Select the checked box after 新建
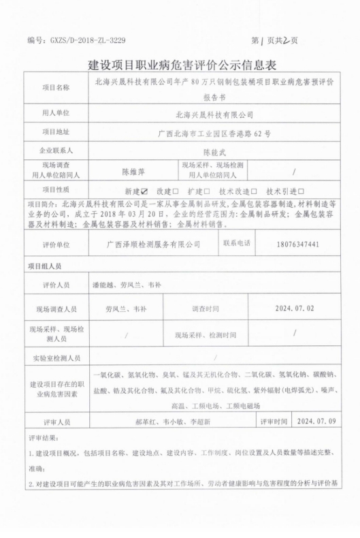143,191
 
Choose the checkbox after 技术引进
301,191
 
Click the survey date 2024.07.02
294,308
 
